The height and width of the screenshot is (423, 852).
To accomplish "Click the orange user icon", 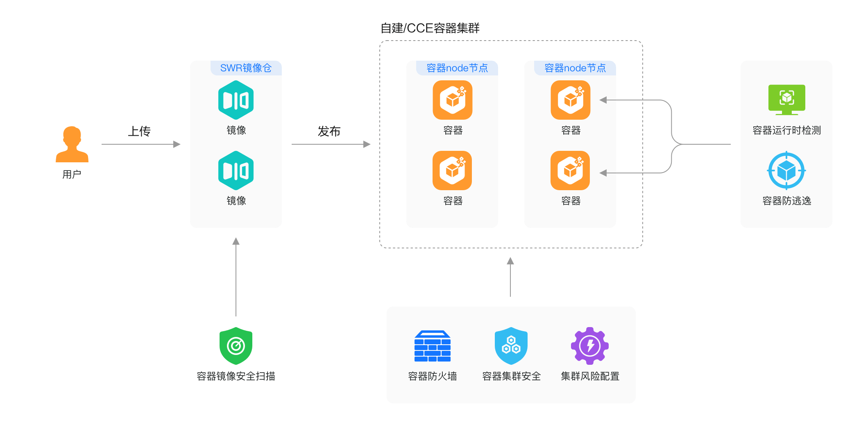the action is pyautogui.click(x=72, y=144).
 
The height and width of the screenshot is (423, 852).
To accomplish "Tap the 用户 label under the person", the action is pyautogui.click(x=72, y=174).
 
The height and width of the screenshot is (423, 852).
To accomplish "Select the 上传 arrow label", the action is pyautogui.click(x=139, y=131).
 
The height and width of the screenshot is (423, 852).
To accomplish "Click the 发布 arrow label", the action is pyautogui.click(x=329, y=131).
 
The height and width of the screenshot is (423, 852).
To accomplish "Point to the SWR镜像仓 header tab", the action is pyautogui.click(x=246, y=68).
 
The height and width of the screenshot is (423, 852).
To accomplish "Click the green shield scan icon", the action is pyautogui.click(x=236, y=346).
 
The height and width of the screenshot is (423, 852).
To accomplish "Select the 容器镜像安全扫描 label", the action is pyautogui.click(x=236, y=376).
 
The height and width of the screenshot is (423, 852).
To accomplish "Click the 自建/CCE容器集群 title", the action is pyautogui.click(x=430, y=28).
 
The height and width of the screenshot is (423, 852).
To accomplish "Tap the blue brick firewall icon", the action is pyautogui.click(x=433, y=346).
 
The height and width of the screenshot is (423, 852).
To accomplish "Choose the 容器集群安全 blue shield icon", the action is pyautogui.click(x=511, y=346).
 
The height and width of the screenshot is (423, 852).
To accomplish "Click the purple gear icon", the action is pyautogui.click(x=590, y=346).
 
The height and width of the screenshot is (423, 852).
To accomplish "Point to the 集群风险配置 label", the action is pyautogui.click(x=590, y=376).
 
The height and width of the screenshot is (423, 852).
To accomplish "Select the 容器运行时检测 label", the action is pyautogui.click(x=787, y=130).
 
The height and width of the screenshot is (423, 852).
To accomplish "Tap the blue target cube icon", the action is pyautogui.click(x=786, y=171).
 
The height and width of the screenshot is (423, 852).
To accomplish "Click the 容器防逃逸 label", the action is pyautogui.click(x=787, y=200).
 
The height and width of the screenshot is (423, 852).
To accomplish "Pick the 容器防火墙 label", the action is pyautogui.click(x=433, y=376).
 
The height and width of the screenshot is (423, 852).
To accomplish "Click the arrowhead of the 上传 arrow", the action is pyautogui.click(x=177, y=144).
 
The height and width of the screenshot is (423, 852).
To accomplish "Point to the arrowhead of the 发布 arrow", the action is pyautogui.click(x=367, y=144).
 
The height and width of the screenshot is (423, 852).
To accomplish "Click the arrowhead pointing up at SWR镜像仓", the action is pyautogui.click(x=236, y=241).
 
